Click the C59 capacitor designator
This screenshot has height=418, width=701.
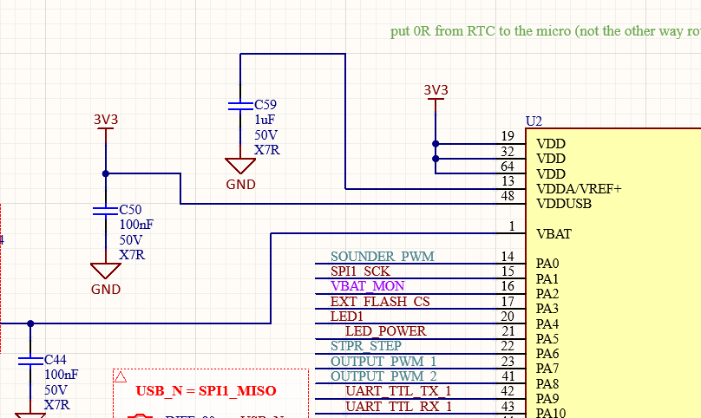click(x=265, y=105)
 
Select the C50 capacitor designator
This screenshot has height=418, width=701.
click(x=130, y=210)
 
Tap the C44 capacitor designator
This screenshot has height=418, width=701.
click(x=56, y=359)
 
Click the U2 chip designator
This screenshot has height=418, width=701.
click(x=534, y=121)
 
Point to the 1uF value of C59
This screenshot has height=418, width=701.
click(x=265, y=120)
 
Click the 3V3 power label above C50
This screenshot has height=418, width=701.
click(x=106, y=120)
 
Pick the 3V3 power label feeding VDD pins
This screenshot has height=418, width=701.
click(x=436, y=90)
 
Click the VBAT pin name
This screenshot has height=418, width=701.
click(x=554, y=233)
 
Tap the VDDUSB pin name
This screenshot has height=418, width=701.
click(x=564, y=204)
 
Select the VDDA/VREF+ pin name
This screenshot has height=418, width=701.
click(x=579, y=189)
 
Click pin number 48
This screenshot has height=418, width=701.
click(x=508, y=197)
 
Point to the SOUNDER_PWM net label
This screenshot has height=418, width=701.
click(x=382, y=257)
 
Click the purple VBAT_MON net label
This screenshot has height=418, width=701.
click(x=368, y=286)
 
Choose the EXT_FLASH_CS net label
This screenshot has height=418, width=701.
click(x=380, y=301)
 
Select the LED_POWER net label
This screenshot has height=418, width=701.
click(x=386, y=331)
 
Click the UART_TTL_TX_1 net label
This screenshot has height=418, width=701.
click(x=399, y=391)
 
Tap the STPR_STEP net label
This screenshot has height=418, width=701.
click(x=366, y=346)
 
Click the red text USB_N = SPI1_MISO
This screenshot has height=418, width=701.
click(x=206, y=391)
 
